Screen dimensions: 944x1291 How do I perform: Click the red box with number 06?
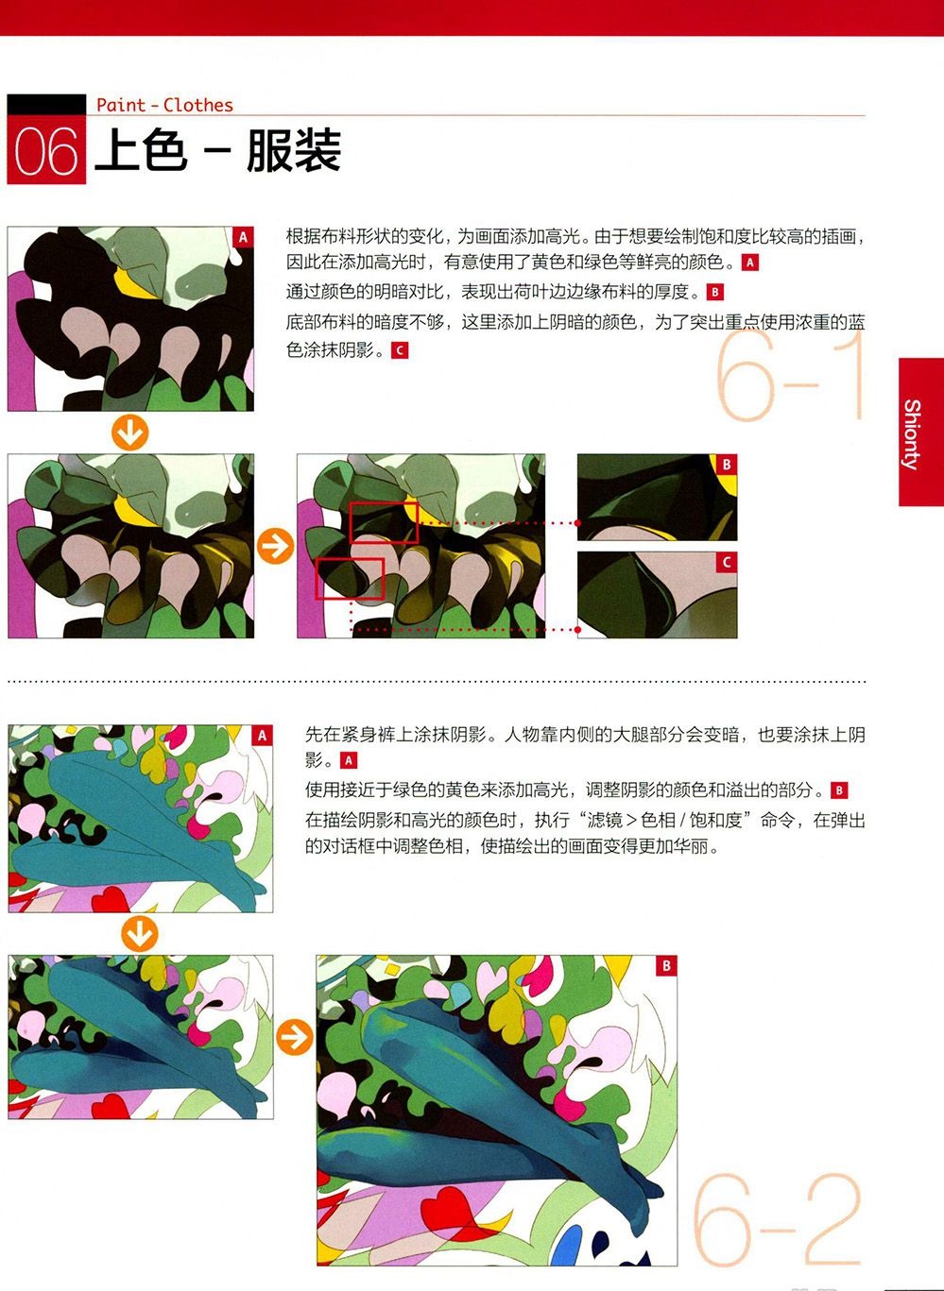tap(46, 149)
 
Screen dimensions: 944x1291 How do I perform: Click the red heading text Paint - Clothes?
tap(165, 106)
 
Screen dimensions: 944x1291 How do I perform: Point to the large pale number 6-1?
tap(790, 376)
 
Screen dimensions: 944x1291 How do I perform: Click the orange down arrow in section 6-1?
tap(129, 433)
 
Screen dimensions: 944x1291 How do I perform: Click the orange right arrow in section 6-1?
tap(276, 545)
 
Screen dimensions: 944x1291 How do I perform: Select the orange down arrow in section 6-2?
tap(140, 934)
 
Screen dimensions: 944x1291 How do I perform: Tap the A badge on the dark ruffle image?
tap(243, 237)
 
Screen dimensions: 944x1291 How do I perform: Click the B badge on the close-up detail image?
tap(727, 465)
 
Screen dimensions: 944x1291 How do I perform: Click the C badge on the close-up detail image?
tap(727, 562)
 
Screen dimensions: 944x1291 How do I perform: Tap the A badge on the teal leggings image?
tap(263, 736)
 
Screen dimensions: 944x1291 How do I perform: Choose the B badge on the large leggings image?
tap(666, 966)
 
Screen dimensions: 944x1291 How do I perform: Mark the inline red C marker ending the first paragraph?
tap(400, 351)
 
